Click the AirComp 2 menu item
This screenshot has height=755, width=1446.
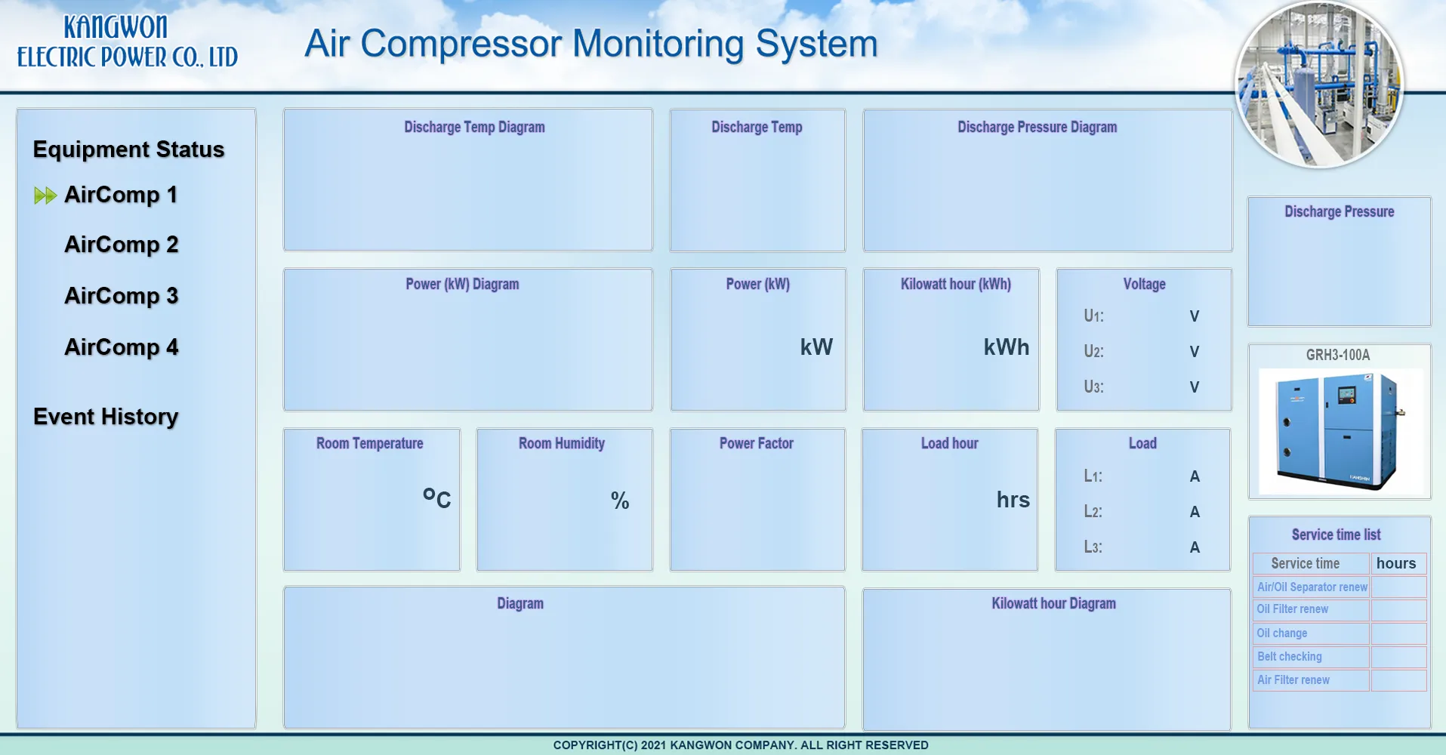(x=122, y=245)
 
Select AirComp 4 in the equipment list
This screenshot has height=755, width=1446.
(x=122, y=347)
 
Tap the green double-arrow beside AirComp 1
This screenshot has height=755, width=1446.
(x=45, y=196)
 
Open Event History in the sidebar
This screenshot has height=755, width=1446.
(x=106, y=417)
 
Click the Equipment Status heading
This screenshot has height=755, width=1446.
(x=128, y=149)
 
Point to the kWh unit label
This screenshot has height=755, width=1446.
(x=1007, y=347)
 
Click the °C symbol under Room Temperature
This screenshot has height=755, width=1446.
(x=436, y=498)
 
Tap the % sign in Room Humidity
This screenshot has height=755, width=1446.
(x=620, y=501)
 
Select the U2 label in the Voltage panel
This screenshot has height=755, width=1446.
(x=1093, y=351)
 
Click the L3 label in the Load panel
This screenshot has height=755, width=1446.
(x=1093, y=547)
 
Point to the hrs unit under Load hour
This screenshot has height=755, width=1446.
(x=1013, y=500)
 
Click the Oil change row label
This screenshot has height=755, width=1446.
(x=1282, y=633)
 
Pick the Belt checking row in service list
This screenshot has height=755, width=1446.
(x=1290, y=657)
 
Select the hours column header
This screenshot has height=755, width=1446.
(x=1396, y=563)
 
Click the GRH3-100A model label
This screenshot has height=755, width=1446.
(x=1338, y=355)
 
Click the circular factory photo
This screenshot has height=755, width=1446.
(x=1319, y=84)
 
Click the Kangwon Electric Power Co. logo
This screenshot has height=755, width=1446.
(x=128, y=42)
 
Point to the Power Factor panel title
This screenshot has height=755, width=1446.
(x=757, y=443)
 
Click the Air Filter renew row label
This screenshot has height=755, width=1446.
(x=1293, y=680)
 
